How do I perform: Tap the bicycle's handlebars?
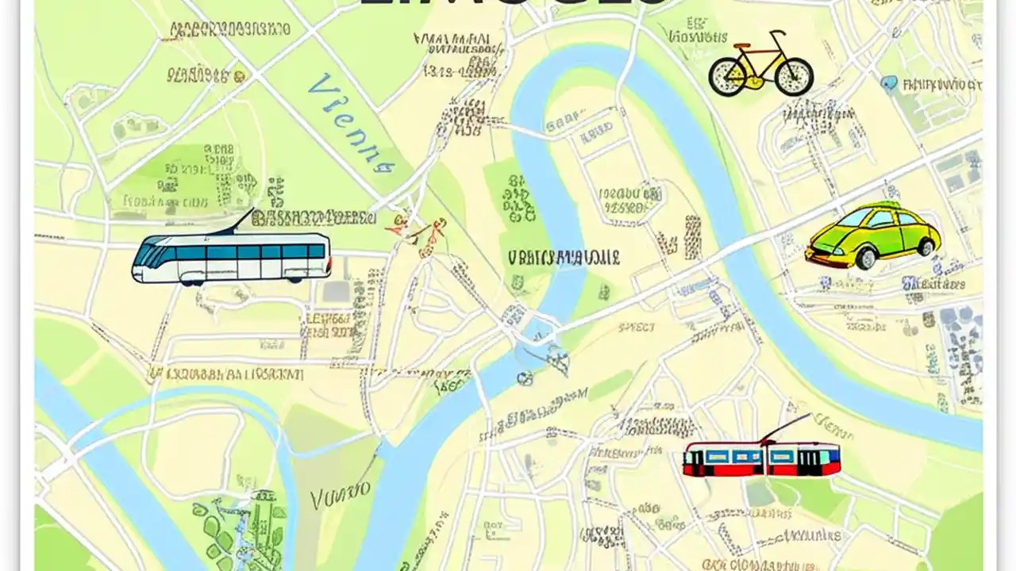pyautogui.click(x=777, y=35)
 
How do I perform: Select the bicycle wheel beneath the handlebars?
pyautogui.click(x=794, y=76)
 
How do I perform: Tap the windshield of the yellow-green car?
pyautogui.click(x=862, y=219)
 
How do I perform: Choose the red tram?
pyautogui.click(x=761, y=459)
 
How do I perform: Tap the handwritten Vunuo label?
pyautogui.click(x=341, y=497)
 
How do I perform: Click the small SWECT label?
pyautogui.click(x=637, y=327)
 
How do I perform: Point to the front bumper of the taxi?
pyautogui.click(x=818, y=255)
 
